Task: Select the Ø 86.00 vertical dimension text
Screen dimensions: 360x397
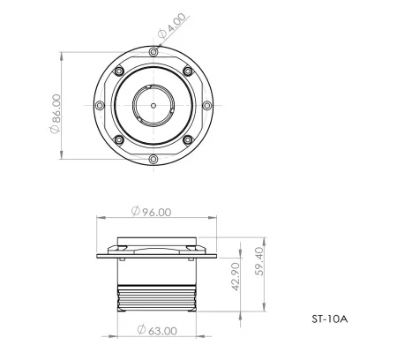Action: (x=56, y=113)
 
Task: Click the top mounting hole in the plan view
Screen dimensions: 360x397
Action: (x=154, y=52)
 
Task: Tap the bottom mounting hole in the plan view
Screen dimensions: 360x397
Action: (x=154, y=158)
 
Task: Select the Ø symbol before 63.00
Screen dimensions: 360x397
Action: (x=140, y=331)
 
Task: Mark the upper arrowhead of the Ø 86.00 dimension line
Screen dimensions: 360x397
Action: (x=61, y=52)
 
